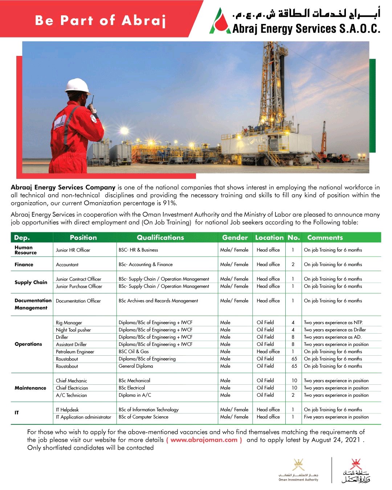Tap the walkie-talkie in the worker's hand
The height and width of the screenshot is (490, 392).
(x=93, y=106)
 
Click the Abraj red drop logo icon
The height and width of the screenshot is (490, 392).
(x=220, y=23)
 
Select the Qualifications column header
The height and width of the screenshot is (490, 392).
(x=160, y=237)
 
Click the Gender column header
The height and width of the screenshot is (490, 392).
(x=235, y=237)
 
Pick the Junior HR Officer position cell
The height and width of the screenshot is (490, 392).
(x=73, y=250)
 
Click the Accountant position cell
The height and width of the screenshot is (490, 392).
(x=67, y=265)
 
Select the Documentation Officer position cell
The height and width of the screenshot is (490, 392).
(x=78, y=301)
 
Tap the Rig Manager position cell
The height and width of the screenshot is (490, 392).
(x=69, y=323)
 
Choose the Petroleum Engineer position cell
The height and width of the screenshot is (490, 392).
(x=75, y=352)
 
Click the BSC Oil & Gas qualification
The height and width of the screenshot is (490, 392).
(x=134, y=352)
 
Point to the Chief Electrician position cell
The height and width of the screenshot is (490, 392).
(x=72, y=388)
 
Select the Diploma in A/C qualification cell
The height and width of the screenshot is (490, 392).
(x=135, y=395)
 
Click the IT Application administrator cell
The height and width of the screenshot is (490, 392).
(x=83, y=417)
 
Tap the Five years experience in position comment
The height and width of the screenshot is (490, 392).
(x=336, y=417)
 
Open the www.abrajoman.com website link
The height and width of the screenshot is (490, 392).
(x=204, y=440)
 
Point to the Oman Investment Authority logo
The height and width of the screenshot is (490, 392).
(x=298, y=470)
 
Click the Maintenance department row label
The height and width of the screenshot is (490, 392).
(x=30, y=388)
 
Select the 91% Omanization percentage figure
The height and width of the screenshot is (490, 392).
(x=169, y=203)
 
